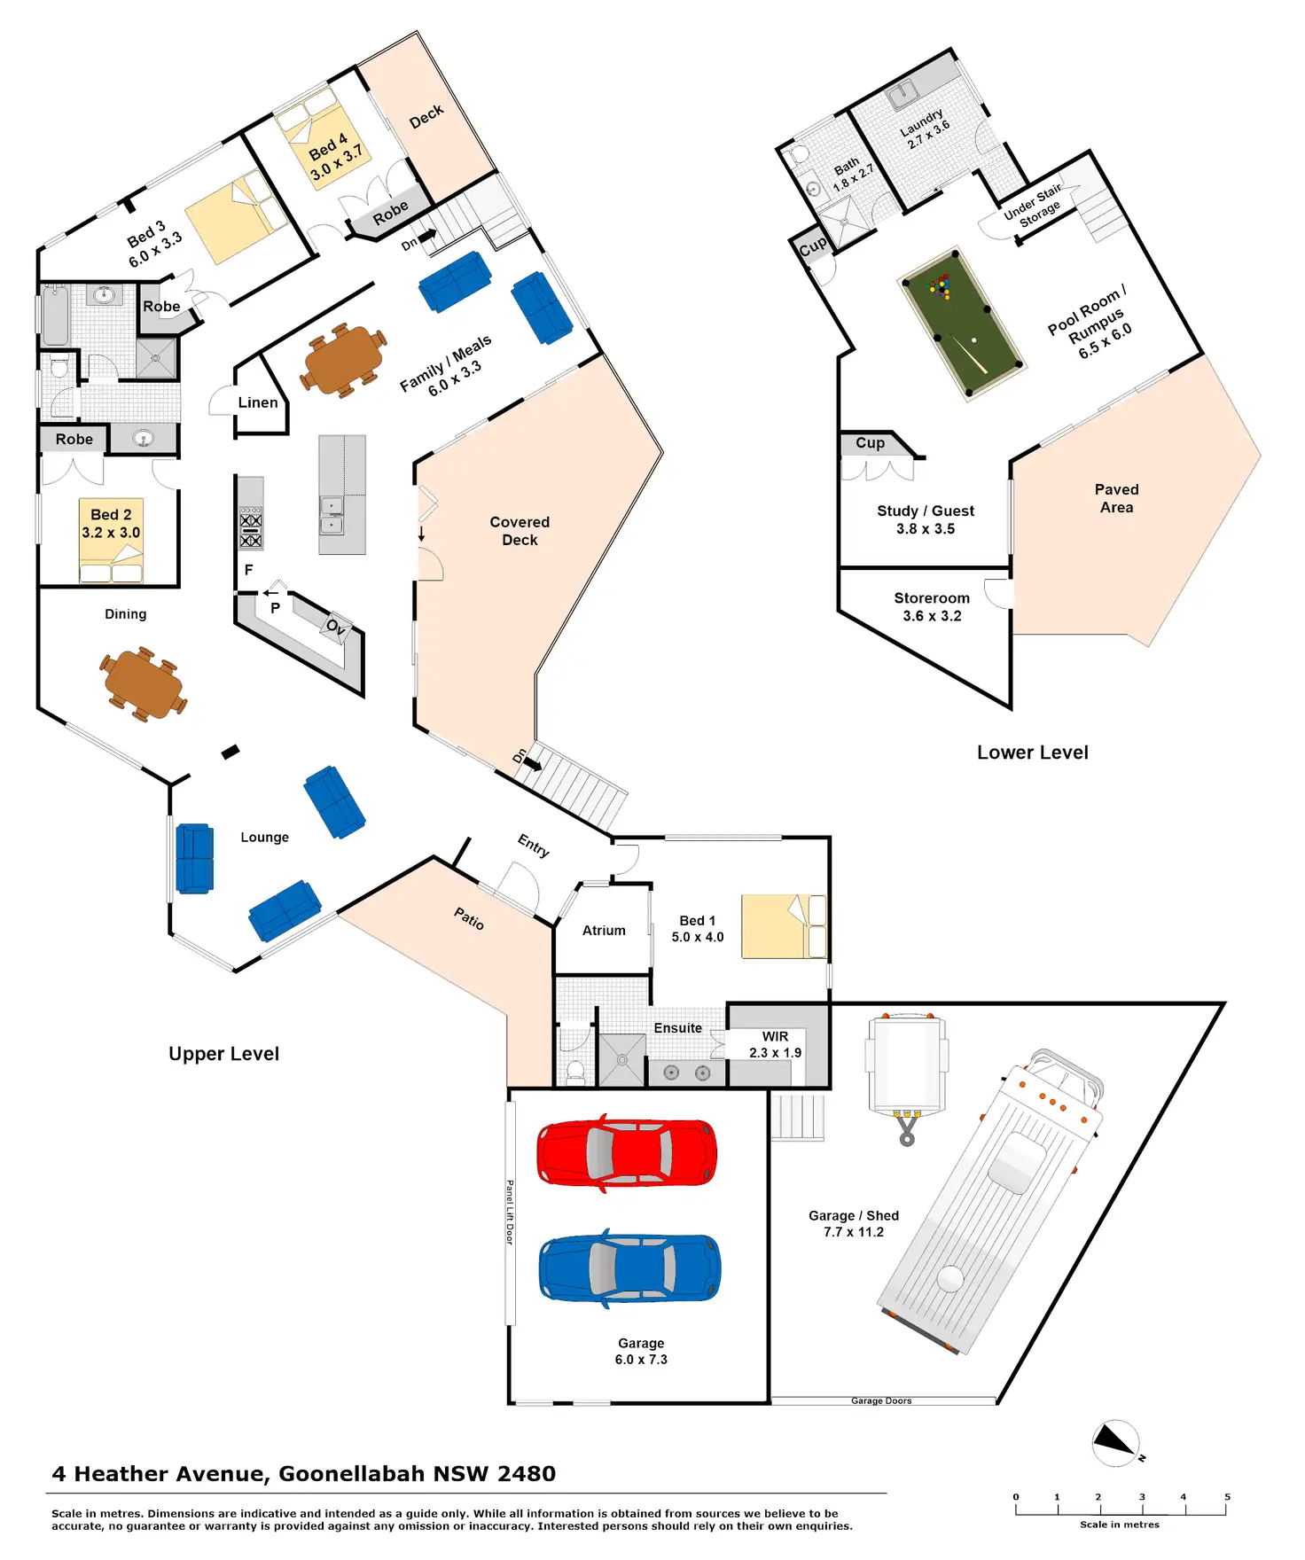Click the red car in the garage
[x=627, y=1152]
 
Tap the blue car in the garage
[x=629, y=1268]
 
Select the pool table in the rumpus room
[x=961, y=324]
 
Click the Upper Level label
[x=223, y=1054]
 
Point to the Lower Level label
[x=1032, y=753]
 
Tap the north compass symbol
[x=1116, y=1442]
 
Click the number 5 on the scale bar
[x=1227, y=1497]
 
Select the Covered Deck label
[x=520, y=531]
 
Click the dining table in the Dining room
[x=144, y=684]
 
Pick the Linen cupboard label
[x=258, y=402]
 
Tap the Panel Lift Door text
[x=510, y=1212]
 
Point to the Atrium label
[x=604, y=931]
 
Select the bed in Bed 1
[x=783, y=926]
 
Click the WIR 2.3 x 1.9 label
[x=775, y=1045]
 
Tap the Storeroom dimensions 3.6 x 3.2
[x=932, y=616]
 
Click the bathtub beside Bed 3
[x=56, y=316]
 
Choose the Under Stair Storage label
[x=1034, y=207]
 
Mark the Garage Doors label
[x=881, y=1400]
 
